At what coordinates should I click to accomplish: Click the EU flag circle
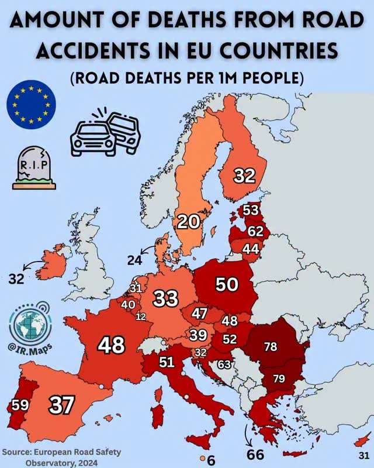[31, 106]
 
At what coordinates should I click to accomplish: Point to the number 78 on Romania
[271, 347]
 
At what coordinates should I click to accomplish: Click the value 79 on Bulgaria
[279, 378]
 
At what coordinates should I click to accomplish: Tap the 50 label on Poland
[227, 284]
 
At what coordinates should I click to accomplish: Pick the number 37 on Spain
[60, 405]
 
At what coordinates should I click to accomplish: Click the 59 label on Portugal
[20, 404]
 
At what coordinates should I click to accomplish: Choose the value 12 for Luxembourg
[141, 316]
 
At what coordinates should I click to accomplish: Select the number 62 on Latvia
[255, 231]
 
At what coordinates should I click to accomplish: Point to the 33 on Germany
[165, 299]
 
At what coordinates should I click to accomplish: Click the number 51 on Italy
[167, 363]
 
